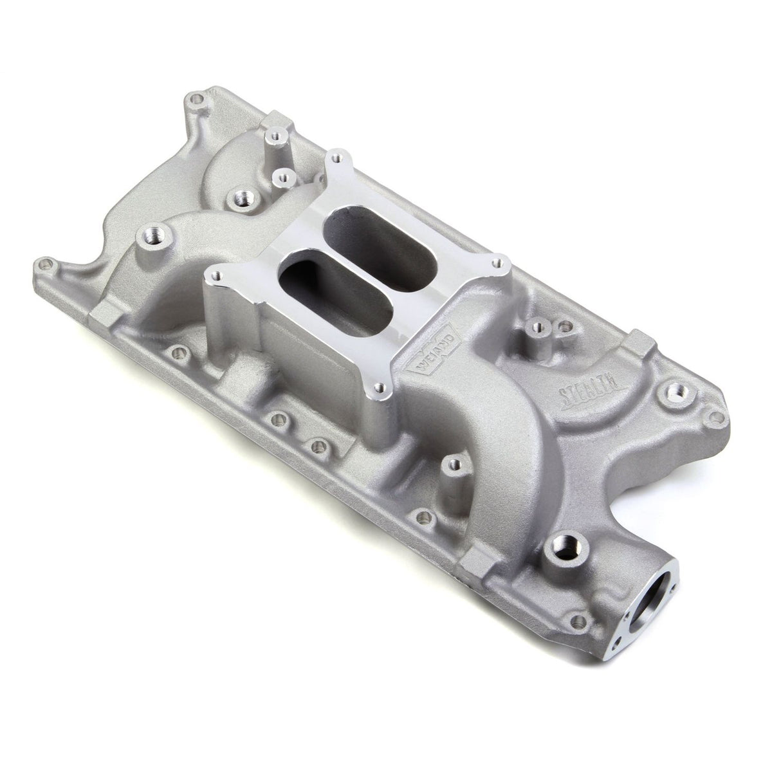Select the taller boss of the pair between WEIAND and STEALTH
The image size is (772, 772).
[534, 329]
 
